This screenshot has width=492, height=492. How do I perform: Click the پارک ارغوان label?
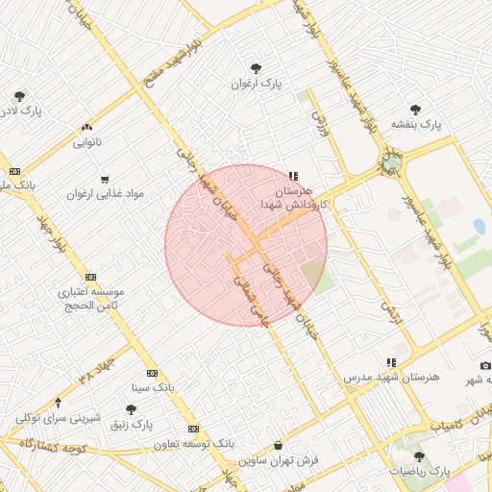[x=256, y=85]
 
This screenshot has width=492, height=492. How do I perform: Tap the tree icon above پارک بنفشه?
[x=415, y=110]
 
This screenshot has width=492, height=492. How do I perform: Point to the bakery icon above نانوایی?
[x=87, y=127]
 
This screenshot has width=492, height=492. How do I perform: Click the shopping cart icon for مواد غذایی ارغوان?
[x=105, y=179]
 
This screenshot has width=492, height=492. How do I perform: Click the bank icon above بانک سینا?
[x=152, y=373]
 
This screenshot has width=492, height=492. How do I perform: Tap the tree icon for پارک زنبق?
[x=131, y=409]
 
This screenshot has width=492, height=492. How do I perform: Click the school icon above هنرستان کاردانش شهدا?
[x=293, y=177]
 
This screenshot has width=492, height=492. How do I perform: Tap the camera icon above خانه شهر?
[x=485, y=366]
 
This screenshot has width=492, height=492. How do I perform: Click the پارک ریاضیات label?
[x=419, y=472]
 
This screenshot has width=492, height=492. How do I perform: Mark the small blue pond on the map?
[x=479, y=227]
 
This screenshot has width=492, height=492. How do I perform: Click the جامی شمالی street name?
[x=244, y=294]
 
